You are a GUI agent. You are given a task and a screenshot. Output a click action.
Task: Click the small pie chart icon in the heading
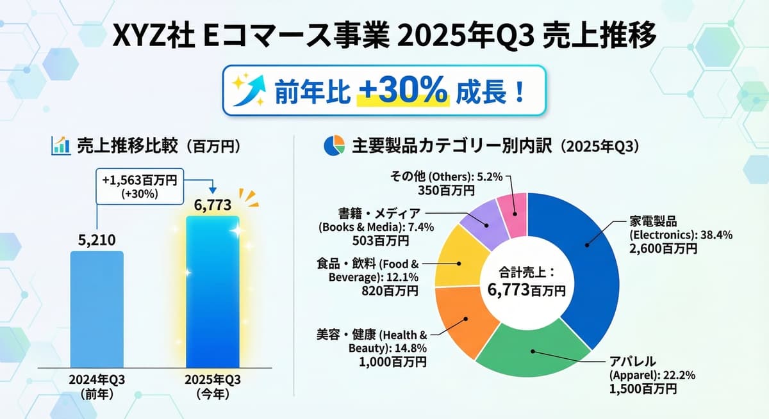point(335,146)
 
